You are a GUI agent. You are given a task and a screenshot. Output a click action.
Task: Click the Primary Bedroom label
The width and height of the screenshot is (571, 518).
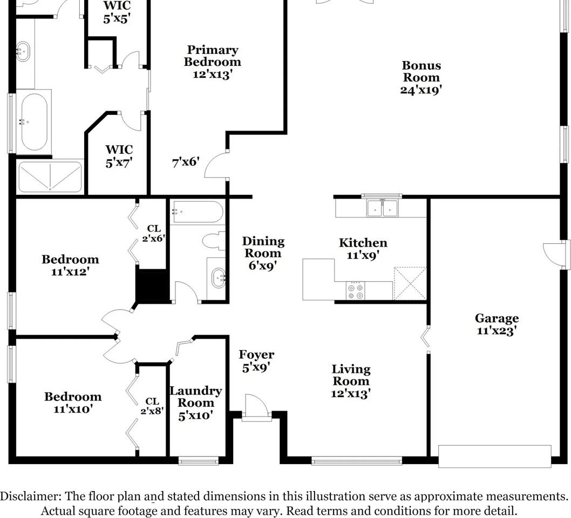coord(212,62)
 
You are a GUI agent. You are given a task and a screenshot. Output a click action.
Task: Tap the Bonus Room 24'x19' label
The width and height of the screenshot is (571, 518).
coord(421,78)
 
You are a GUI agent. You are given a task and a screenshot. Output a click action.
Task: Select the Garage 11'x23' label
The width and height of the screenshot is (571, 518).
coord(497,324)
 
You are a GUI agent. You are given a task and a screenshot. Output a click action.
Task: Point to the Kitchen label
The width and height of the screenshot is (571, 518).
coord(363,249)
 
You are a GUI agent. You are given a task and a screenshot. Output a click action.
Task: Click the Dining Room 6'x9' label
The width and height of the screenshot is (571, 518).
coord(263,253)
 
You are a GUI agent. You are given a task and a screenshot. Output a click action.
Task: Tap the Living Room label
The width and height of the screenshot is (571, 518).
coord(351,381)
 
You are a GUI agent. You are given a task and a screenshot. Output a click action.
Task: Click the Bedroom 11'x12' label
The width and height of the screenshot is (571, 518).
coord(70,265)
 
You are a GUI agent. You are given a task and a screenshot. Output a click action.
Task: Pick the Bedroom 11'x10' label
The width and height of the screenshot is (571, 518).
coord(72,403)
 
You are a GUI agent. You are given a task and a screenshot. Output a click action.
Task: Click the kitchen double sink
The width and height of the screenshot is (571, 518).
coord(383,208)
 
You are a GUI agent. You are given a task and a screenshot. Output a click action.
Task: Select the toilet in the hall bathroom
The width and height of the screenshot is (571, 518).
coord(214,241)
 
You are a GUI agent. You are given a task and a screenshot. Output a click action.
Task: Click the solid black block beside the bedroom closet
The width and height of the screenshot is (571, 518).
coord(152,287)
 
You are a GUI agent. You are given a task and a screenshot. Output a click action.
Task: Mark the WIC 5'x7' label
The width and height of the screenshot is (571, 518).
coord(119,155)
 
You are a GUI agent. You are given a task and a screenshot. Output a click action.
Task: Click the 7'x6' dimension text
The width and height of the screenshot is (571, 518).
coord(186,162)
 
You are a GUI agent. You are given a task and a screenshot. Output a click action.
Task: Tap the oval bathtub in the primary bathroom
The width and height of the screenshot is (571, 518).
coord(34,122)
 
